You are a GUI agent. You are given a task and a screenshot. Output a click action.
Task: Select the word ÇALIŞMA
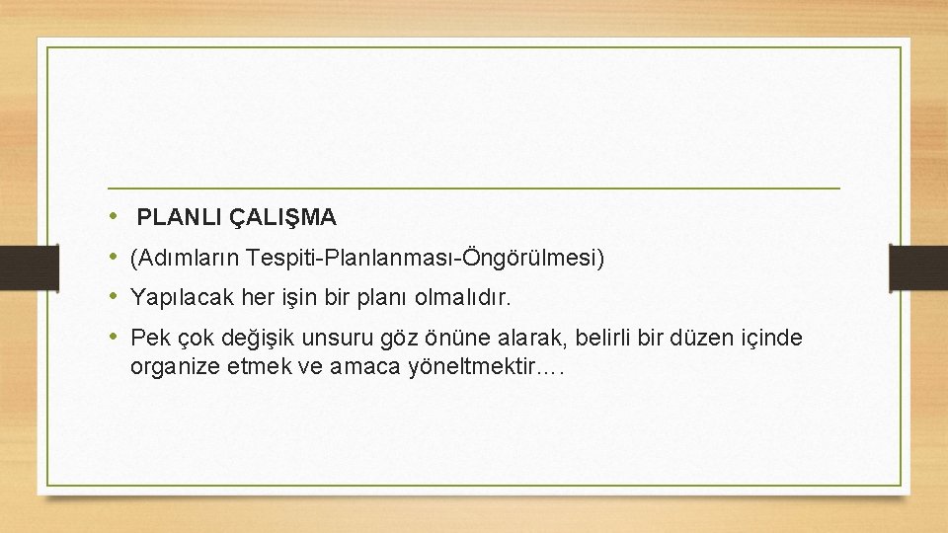pyautogui.click(x=284, y=216)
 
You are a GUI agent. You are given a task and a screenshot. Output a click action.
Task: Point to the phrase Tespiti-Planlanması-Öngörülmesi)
pyautogui.click(x=428, y=259)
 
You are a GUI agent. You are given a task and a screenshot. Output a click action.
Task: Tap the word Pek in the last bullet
pyautogui.click(x=150, y=339)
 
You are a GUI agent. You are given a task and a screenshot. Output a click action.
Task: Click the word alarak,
pyautogui.click(x=527, y=339)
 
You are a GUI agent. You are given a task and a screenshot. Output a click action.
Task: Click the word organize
pyautogui.click(x=170, y=368)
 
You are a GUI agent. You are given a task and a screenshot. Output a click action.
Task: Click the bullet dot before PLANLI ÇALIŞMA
pyautogui.click(x=115, y=214)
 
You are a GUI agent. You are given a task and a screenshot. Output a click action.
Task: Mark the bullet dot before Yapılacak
pyautogui.click(x=115, y=295)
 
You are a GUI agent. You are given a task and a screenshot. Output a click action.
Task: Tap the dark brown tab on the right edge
pyautogui.click(x=917, y=266)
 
